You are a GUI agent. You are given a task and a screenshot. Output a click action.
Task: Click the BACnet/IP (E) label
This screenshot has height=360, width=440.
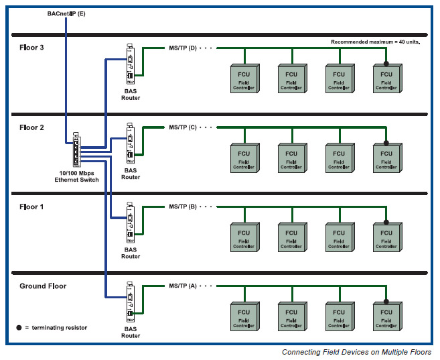pos(66,13)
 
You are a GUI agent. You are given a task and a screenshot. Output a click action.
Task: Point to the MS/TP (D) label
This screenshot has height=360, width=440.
pos(183,48)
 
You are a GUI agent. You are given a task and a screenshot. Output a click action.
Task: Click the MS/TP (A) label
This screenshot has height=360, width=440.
pos(183,286)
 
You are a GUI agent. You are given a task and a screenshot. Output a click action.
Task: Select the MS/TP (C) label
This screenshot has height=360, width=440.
pos(183,127)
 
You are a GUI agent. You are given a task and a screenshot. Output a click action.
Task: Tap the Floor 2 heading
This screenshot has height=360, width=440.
pos(32,127)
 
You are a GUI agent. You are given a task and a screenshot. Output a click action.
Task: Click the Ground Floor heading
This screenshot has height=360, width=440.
pos(43,286)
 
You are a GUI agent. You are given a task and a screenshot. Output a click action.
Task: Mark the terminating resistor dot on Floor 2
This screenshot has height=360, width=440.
pos(386,142)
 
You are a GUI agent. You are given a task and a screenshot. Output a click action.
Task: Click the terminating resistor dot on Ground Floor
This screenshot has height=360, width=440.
pos(386,301)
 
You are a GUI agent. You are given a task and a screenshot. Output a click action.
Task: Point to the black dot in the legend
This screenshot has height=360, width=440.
pos(19,327)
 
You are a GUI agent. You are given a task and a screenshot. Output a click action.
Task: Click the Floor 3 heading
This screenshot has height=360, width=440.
pos(32,48)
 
